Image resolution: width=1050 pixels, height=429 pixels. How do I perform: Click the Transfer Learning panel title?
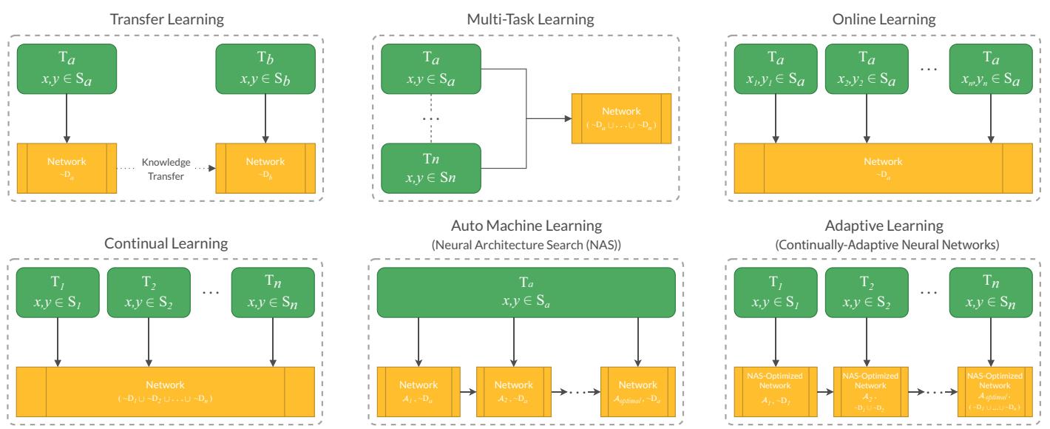click(x=167, y=19)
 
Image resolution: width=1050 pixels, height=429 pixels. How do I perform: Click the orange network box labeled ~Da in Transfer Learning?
click(x=67, y=167)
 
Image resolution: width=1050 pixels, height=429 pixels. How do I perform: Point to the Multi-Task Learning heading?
click(x=525, y=19)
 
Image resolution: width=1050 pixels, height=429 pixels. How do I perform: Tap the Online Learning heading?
click(x=883, y=19)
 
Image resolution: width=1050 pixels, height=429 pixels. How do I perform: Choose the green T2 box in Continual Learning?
click(x=152, y=291)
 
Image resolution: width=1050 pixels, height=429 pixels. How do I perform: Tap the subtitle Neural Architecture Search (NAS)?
click(x=526, y=244)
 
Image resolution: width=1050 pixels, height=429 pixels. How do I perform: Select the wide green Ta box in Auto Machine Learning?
click(x=526, y=291)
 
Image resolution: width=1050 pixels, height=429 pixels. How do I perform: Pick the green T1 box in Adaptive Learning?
click(x=773, y=291)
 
